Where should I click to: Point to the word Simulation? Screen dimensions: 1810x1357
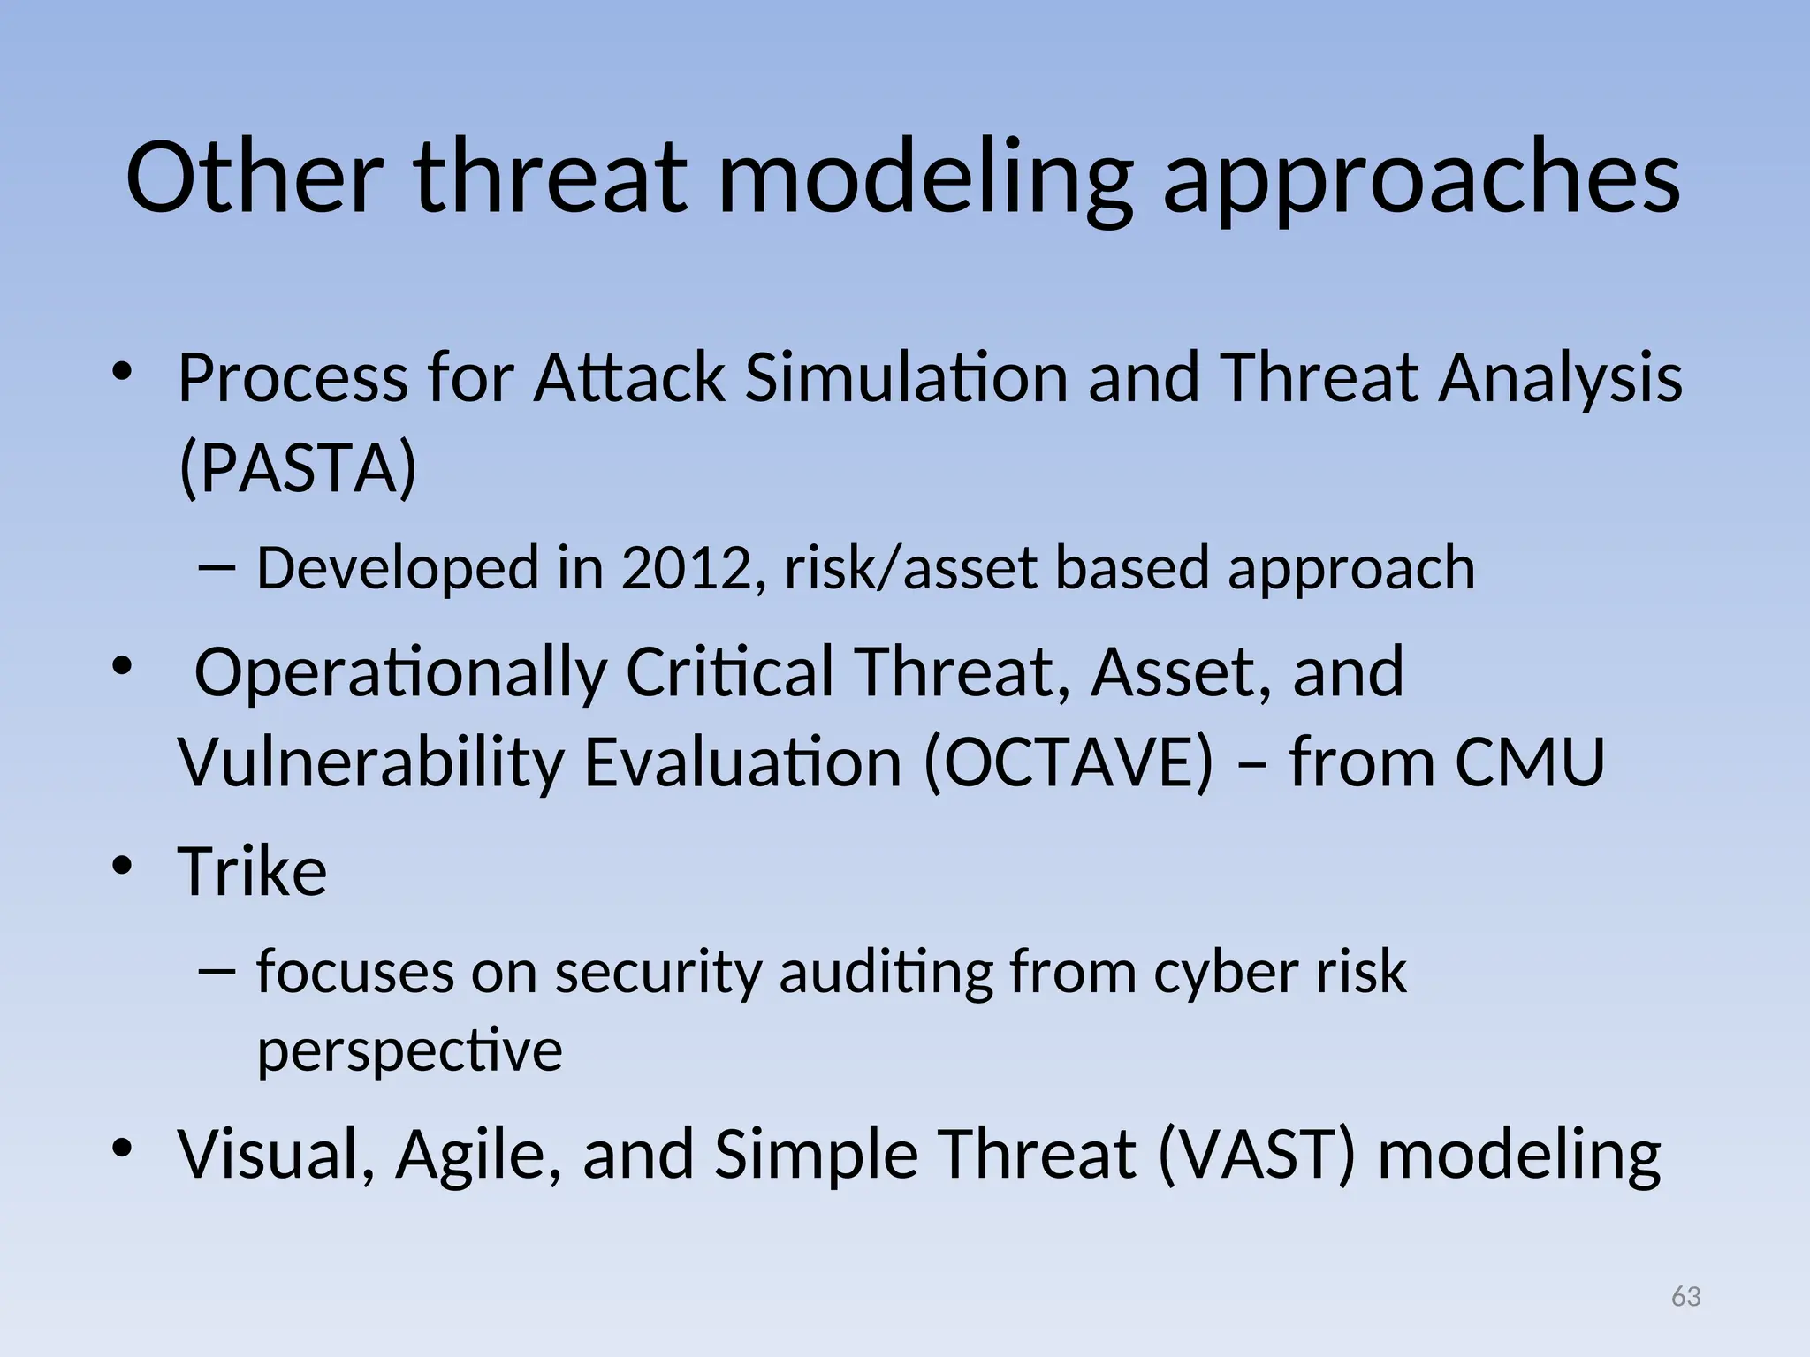(907, 377)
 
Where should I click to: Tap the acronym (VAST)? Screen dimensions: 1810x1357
(1256, 1155)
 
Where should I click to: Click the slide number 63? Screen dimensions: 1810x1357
(1686, 1297)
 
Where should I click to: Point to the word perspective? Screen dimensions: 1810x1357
(409, 1051)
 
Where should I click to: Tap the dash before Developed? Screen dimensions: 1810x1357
(217, 568)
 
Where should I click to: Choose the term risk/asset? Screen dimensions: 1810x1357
(910, 568)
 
